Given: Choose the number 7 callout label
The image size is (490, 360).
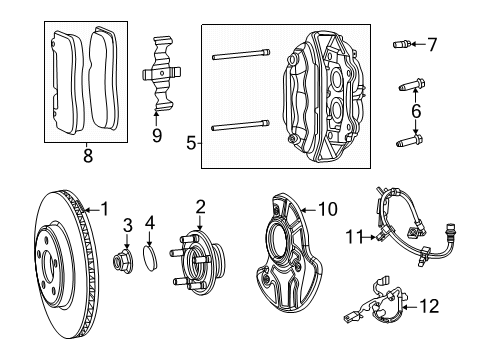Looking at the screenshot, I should point(432,43).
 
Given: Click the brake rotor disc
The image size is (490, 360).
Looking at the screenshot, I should point(60,270).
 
